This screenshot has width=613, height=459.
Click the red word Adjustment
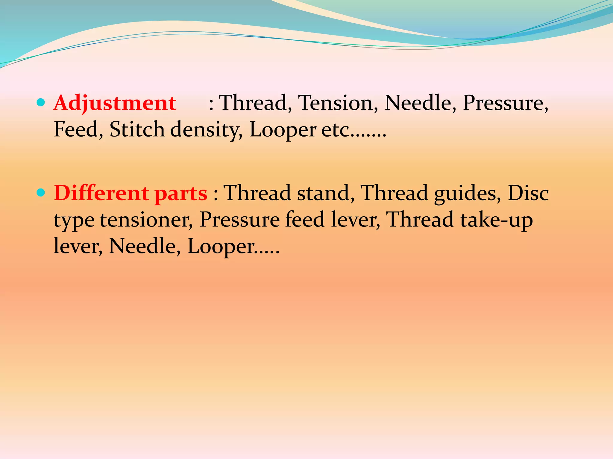(x=115, y=103)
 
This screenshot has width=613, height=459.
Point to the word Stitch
(x=137, y=130)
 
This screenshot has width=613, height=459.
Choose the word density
(x=206, y=130)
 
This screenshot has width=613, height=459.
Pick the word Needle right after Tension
(x=420, y=103)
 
